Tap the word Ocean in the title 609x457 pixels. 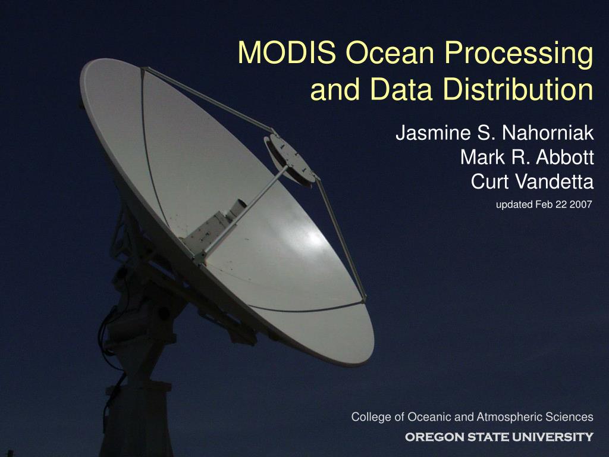pos(390,52)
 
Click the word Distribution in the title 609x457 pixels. pos(518,89)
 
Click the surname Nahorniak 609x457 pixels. pos(548,133)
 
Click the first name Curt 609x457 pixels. pos(488,181)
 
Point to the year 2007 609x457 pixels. pos(580,204)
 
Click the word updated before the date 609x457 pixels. pos(514,205)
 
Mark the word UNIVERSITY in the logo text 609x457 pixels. pos(553,437)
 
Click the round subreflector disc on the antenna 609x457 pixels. pos(290,159)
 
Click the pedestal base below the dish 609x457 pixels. pos(137,420)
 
